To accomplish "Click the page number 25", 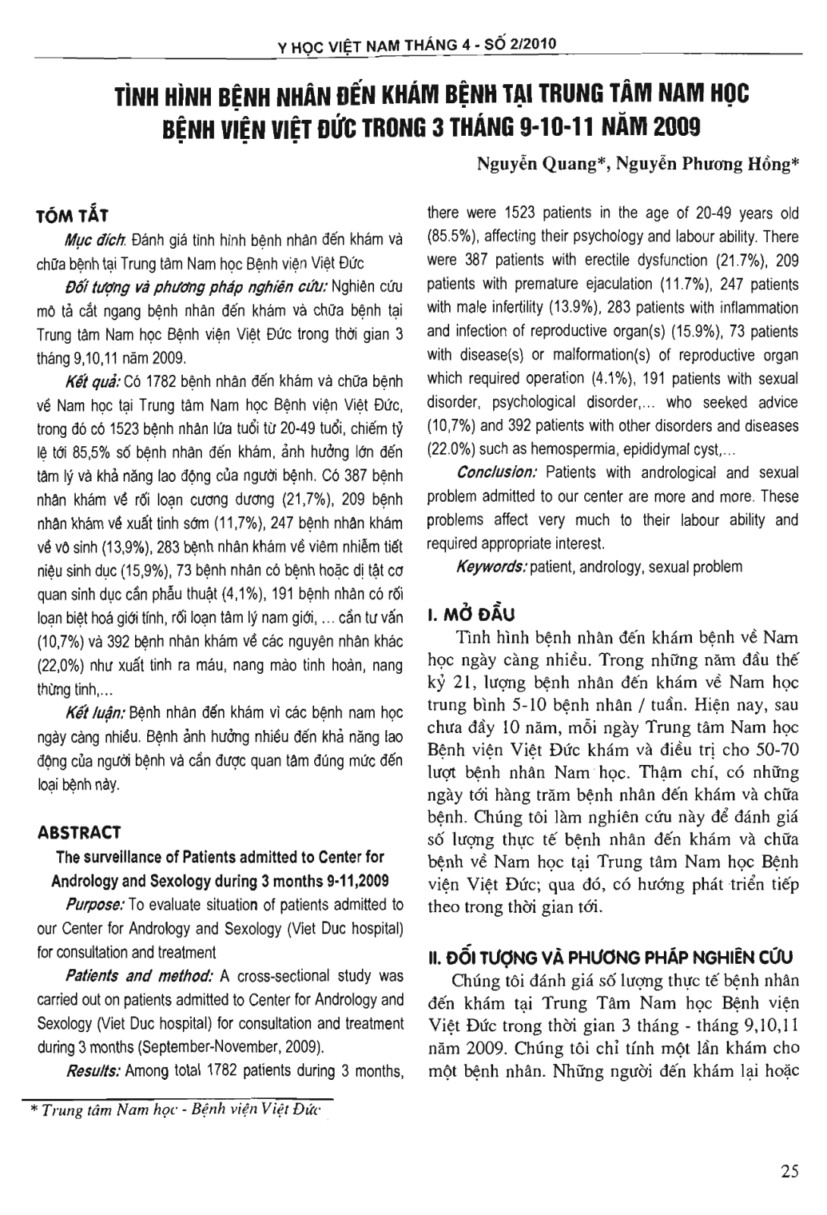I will [790, 1171].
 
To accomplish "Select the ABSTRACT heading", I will [78, 833].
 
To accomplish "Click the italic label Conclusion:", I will [497, 473].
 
